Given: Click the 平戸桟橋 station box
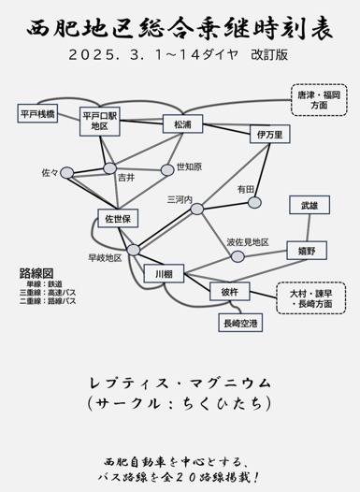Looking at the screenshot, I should click(37, 113).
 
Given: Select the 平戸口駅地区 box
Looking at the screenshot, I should click(104, 121).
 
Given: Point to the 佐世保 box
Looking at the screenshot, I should click(119, 218).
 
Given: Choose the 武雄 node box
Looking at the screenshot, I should click(309, 204).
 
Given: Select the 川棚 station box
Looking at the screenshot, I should click(164, 274).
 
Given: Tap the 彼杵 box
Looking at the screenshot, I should click(230, 293).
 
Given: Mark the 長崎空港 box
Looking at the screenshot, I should click(241, 324).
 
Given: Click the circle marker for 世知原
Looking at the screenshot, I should click(167, 169).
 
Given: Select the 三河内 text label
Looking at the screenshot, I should click(180, 199).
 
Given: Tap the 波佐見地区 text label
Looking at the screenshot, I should click(248, 242).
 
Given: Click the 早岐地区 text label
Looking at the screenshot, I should click(105, 256).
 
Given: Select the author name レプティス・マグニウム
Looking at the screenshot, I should click(180, 383).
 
